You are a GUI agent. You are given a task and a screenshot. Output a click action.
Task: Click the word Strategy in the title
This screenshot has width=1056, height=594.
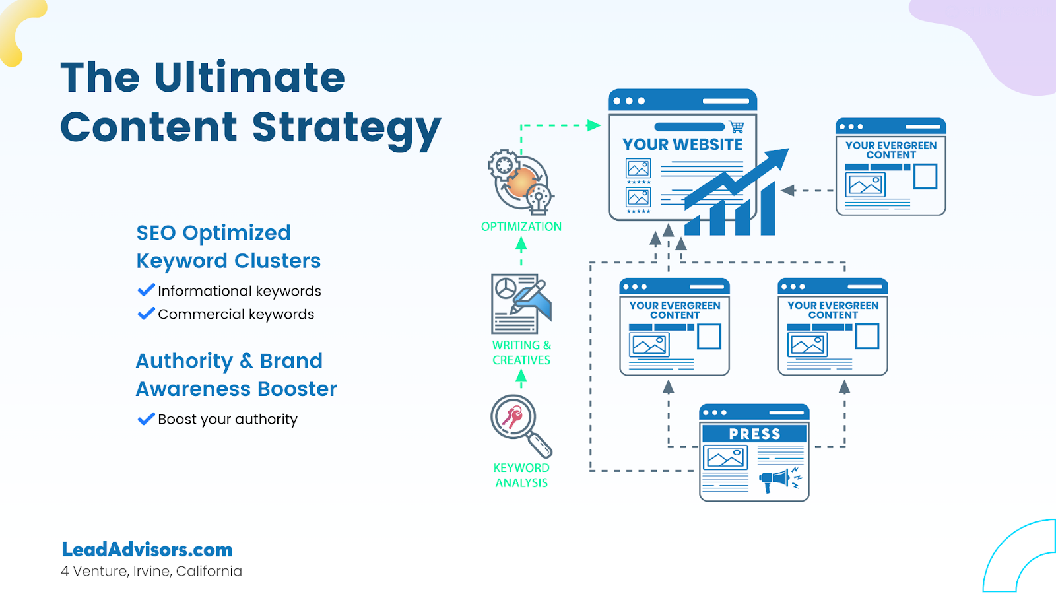[x=346, y=128]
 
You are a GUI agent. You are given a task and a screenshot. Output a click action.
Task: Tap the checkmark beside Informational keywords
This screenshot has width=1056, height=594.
[x=146, y=290]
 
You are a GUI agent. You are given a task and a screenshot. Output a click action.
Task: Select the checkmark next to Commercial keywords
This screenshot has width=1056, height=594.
[x=146, y=313]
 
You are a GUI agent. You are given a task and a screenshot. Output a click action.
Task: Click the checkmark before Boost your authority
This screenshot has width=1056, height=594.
[x=146, y=418]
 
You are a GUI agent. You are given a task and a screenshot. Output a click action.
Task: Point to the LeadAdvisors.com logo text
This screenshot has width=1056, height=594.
[x=147, y=550]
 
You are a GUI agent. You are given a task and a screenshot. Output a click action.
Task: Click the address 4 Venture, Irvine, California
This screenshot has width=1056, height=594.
[x=151, y=572]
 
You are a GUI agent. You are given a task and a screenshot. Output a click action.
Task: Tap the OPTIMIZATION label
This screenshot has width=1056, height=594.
[x=521, y=227]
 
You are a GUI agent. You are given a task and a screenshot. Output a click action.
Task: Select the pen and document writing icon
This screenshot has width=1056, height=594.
[x=521, y=304]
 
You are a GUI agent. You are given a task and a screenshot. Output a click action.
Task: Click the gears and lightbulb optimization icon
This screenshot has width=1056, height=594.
[x=521, y=182]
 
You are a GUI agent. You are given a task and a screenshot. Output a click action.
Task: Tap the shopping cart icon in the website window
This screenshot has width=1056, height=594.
[x=737, y=127]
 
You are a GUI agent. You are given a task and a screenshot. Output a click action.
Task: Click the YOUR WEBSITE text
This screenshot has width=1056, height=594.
[x=682, y=145]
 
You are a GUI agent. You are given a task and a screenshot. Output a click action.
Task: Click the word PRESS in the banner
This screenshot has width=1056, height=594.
[x=755, y=434]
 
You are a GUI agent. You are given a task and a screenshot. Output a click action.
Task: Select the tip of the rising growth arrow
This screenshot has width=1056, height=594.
[x=789, y=149]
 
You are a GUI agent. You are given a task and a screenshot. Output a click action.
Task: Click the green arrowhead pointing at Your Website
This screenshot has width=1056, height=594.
[x=594, y=125]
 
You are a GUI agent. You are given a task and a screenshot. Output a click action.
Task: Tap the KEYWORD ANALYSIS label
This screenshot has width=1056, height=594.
[x=521, y=475]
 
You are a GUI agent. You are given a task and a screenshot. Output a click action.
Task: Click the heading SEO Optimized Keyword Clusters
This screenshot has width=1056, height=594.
[x=228, y=247]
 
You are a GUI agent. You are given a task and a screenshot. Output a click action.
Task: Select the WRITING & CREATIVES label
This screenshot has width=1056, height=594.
[x=521, y=352]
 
